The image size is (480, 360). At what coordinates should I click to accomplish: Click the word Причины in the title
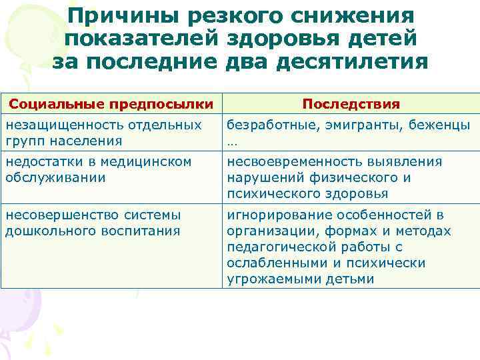point(123,15)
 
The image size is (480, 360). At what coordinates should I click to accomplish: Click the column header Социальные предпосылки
point(111,104)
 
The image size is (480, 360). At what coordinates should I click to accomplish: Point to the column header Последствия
point(351,104)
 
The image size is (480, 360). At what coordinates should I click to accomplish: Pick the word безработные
point(265,125)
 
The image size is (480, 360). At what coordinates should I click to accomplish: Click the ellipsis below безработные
point(231,141)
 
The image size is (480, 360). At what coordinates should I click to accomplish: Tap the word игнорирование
point(273,215)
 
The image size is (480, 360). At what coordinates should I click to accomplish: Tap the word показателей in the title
point(143,39)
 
